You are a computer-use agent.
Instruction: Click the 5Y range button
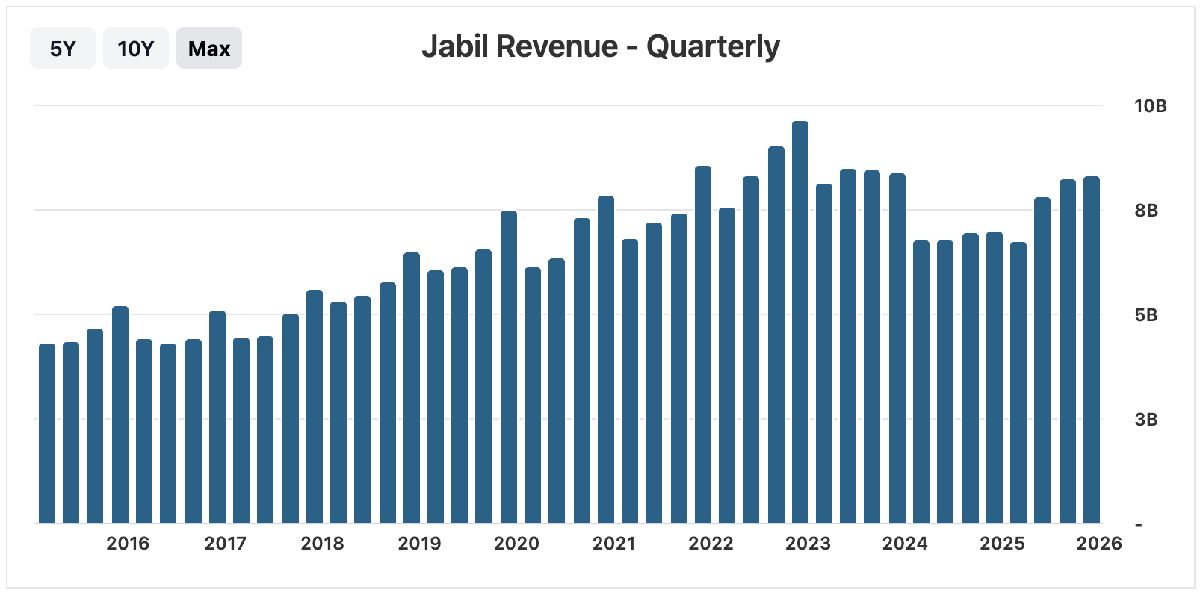point(63,49)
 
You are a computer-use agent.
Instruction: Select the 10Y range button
point(135,49)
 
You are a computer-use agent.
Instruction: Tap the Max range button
point(209,49)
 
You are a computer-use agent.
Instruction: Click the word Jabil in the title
point(454,46)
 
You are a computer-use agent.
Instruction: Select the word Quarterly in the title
point(713,46)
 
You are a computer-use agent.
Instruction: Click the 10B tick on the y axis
point(1150,106)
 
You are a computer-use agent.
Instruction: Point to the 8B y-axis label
point(1146,211)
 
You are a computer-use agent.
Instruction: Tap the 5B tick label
point(1146,315)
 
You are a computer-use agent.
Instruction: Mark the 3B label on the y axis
point(1146,420)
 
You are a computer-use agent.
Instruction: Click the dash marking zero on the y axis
point(1139,524)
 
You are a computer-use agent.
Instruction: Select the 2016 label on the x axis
point(128,544)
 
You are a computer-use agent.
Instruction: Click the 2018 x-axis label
point(322,544)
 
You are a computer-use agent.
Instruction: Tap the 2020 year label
point(516,544)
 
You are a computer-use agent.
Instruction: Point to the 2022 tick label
point(711,544)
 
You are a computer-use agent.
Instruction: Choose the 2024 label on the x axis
point(905,544)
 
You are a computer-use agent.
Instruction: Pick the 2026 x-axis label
point(1099,544)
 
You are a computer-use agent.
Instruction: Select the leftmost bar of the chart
point(47,434)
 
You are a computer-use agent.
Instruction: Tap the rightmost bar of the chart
point(1092,350)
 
